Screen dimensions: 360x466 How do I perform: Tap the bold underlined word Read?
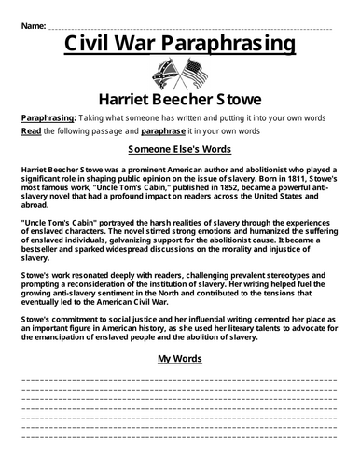[32, 132]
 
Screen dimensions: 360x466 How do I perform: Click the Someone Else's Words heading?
[180, 150]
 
